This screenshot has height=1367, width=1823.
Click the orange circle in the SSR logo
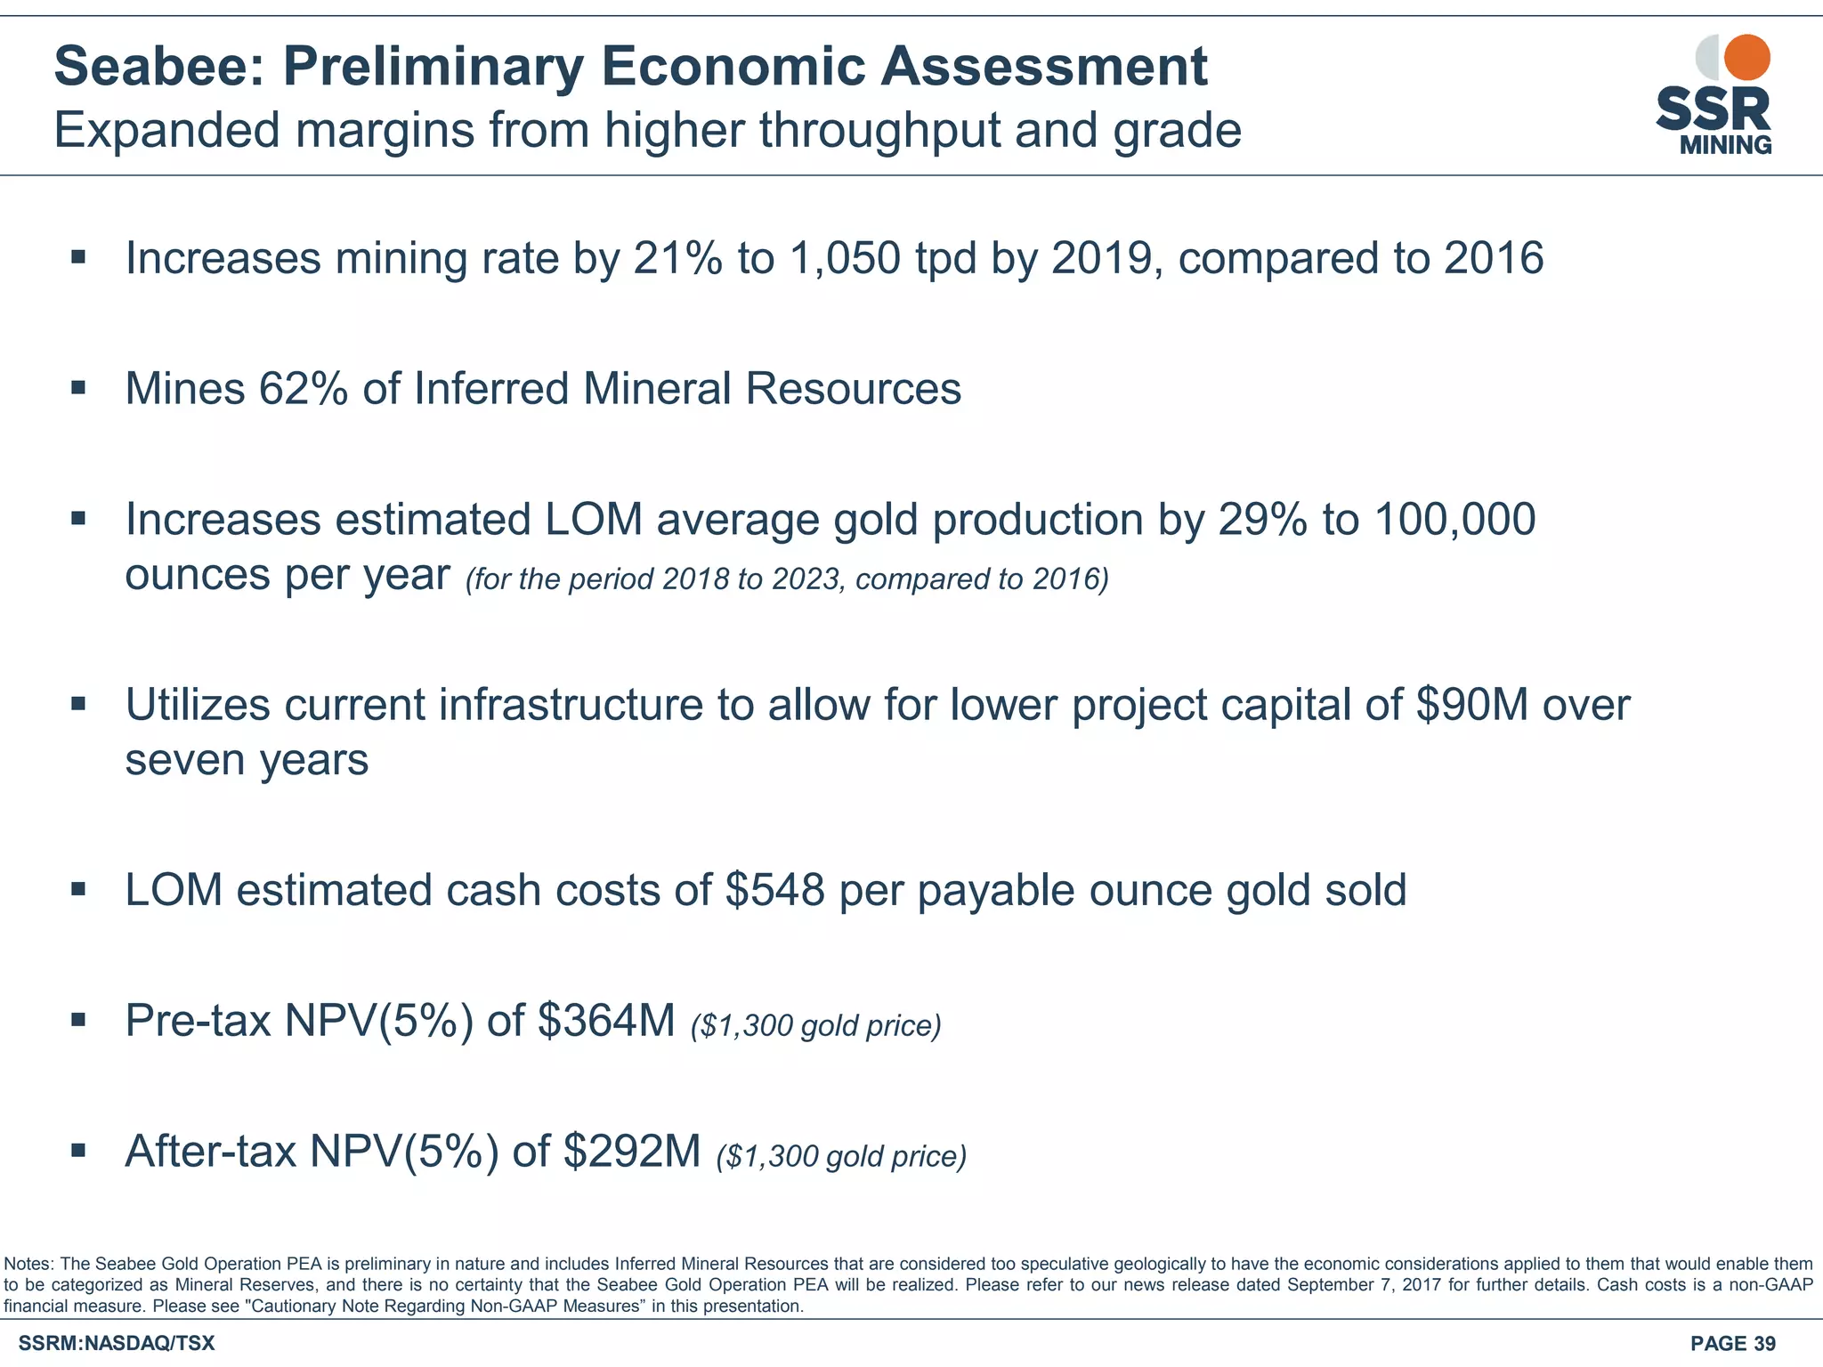click(x=1746, y=58)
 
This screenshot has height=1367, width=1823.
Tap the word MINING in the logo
click(x=1725, y=145)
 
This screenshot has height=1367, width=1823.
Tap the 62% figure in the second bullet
click(x=303, y=390)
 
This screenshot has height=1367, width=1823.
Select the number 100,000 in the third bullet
click(x=1454, y=520)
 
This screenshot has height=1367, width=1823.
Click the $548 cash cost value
click(x=774, y=891)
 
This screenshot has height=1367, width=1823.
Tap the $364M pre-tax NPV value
click(x=606, y=1021)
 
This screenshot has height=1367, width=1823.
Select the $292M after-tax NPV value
click(x=632, y=1152)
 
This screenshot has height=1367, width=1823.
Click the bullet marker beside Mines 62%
click(x=78, y=388)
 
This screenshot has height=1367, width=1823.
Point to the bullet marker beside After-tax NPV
click(x=78, y=1151)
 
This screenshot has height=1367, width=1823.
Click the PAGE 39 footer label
click(x=1732, y=1344)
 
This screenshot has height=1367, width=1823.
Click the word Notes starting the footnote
click(x=29, y=1264)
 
